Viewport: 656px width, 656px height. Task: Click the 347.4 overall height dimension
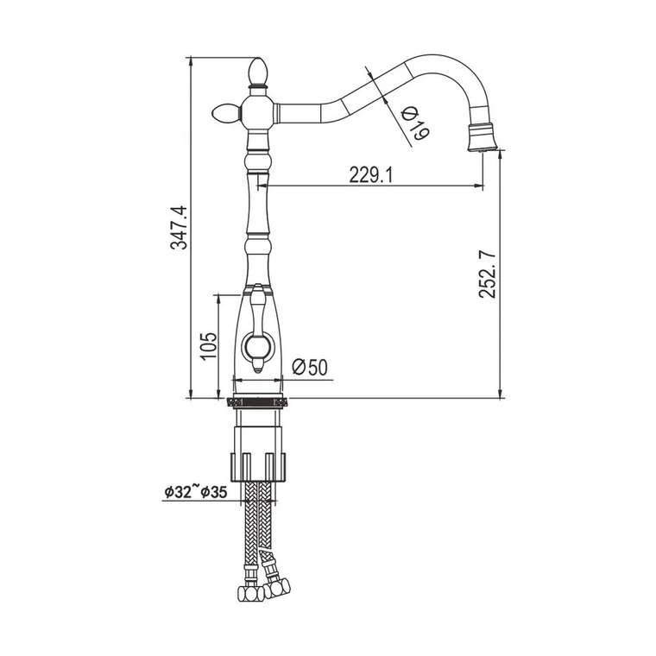[180, 228]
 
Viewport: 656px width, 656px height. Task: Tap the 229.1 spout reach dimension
[371, 175]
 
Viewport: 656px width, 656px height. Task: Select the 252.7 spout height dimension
[488, 274]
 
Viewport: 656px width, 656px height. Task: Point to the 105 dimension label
[208, 345]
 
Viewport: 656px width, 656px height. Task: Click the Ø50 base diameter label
[310, 367]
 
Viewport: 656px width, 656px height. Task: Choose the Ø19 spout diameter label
[414, 124]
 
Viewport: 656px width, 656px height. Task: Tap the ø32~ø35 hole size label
[196, 491]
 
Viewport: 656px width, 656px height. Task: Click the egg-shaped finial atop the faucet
[257, 71]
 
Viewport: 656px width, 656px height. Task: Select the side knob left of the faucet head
[225, 113]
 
